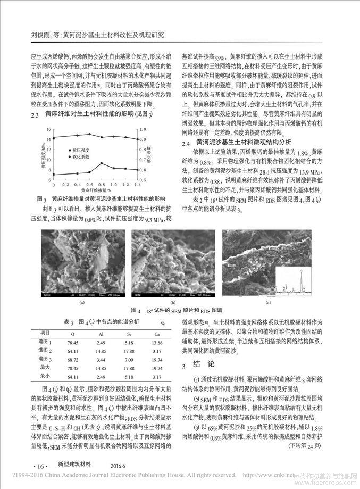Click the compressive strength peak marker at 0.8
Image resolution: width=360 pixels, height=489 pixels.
[x=102, y=163]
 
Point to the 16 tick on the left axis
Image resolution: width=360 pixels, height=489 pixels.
[x=48, y=129]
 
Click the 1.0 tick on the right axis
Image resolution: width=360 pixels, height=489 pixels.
[x=137, y=129]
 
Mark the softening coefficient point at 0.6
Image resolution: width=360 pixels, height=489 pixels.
[x=90, y=135]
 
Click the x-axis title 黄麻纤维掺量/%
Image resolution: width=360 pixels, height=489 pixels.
[x=93, y=188]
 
